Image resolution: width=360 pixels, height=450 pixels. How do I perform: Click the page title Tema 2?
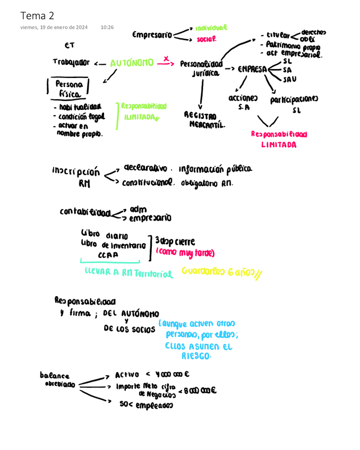(x=37, y=15)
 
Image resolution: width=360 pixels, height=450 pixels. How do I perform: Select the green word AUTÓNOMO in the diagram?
(x=132, y=63)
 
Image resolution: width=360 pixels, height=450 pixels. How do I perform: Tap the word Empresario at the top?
(x=152, y=35)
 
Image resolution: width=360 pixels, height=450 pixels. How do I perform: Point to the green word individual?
(x=211, y=28)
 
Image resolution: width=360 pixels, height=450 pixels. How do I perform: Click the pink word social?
(x=206, y=39)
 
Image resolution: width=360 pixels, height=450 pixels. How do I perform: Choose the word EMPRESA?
(x=252, y=69)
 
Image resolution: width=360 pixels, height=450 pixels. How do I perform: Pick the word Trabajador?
(x=71, y=62)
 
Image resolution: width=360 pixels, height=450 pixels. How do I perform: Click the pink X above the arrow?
(x=166, y=58)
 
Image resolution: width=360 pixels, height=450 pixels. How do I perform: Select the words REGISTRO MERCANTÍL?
(x=207, y=120)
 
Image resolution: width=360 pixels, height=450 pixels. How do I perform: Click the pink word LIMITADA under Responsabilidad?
(x=279, y=145)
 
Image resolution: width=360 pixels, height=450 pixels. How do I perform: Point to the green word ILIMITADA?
(x=141, y=117)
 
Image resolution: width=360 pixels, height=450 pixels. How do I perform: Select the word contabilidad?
(x=85, y=212)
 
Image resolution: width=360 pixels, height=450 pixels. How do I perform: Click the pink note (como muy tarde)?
(x=185, y=253)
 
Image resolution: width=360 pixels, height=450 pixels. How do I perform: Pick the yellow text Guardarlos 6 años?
(x=221, y=272)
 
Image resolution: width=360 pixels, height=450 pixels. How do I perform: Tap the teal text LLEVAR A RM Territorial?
(x=128, y=273)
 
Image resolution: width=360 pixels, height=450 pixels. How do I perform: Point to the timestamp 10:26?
(x=107, y=27)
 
